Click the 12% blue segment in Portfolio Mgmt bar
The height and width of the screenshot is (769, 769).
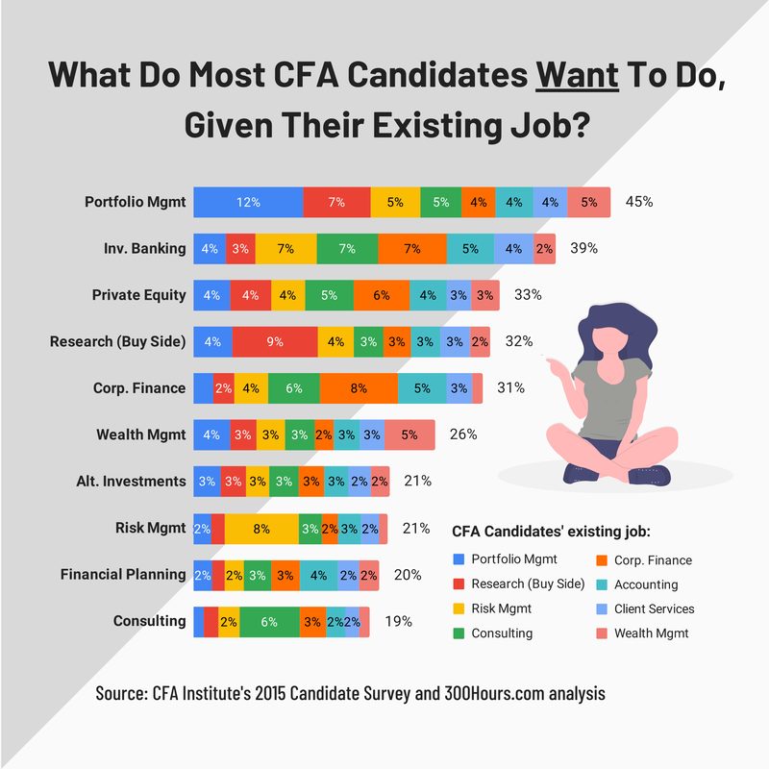click(248, 202)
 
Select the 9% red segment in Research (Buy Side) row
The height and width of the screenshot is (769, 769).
click(275, 341)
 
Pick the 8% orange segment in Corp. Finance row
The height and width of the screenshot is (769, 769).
click(358, 387)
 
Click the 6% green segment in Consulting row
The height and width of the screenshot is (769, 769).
click(269, 622)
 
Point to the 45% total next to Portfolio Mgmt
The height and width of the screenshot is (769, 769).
click(639, 202)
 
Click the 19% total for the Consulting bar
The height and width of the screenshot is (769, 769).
click(398, 621)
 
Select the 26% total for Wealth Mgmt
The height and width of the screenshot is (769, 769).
click(463, 434)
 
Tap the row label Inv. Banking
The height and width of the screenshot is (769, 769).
click(146, 248)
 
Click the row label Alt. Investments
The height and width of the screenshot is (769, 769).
click(131, 481)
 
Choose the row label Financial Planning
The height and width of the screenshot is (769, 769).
click(123, 574)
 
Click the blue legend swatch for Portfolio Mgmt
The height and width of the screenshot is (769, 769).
click(458, 560)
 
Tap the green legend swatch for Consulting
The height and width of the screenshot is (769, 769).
click(458, 633)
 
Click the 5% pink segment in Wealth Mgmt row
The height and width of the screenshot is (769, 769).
click(409, 434)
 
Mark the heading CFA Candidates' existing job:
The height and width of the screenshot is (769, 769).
click(552, 531)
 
